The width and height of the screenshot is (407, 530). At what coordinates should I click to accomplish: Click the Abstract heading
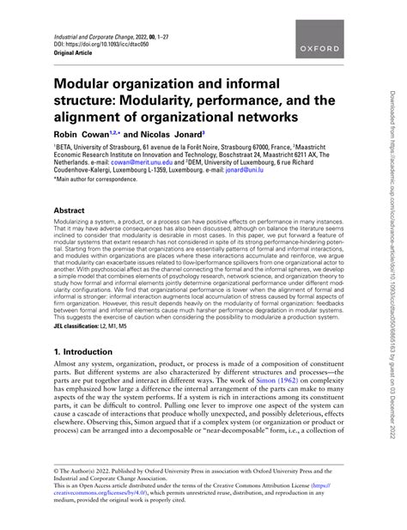[70, 210]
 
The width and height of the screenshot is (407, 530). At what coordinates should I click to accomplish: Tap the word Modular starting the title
[88, 83]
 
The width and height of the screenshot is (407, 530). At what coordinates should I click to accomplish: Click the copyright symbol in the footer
[56, 471]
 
